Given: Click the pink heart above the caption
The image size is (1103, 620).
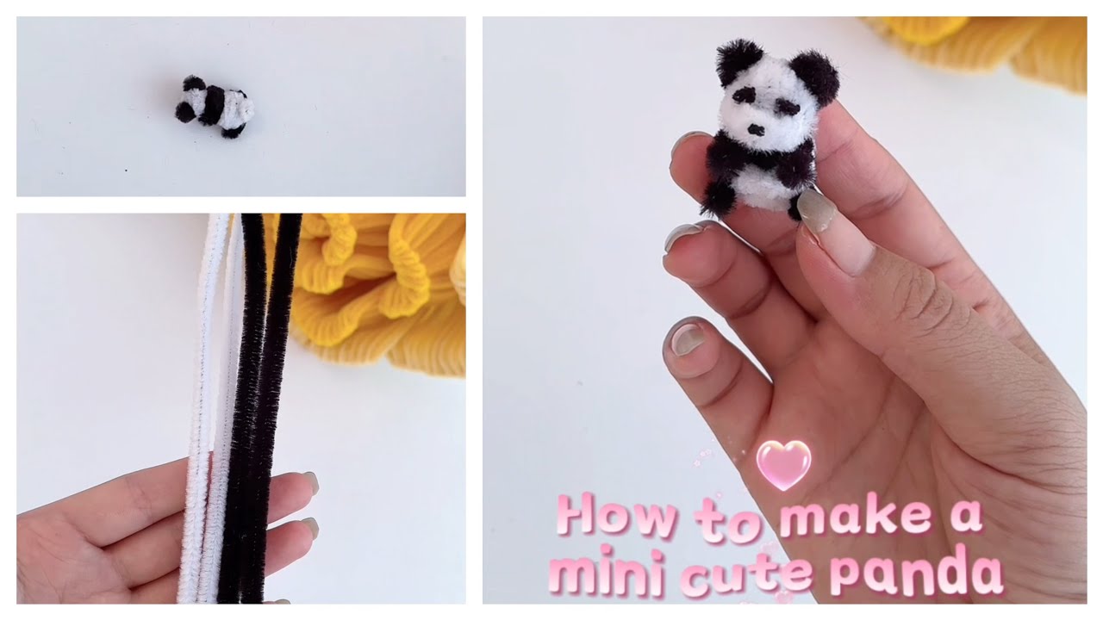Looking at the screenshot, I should tap(783, 465).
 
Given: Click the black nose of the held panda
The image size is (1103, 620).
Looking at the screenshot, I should tap(756, 130).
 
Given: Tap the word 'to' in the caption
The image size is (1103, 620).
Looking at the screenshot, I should tap(728, 520).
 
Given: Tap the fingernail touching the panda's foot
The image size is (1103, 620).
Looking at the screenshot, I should tap(814, 209).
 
